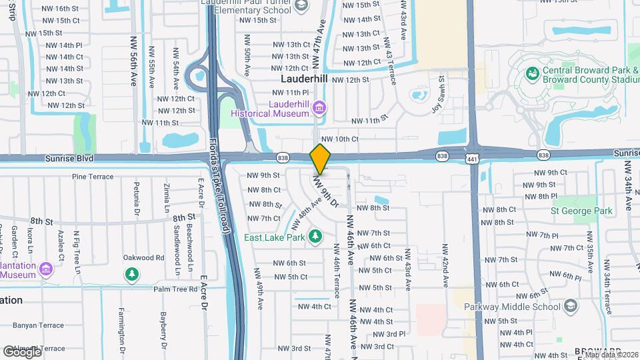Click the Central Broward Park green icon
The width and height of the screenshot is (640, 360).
point(533,72)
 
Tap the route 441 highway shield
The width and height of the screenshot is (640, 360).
point(473,155)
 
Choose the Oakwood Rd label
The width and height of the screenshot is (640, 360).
point(143,257)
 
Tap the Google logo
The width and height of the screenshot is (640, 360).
point(22,351)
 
